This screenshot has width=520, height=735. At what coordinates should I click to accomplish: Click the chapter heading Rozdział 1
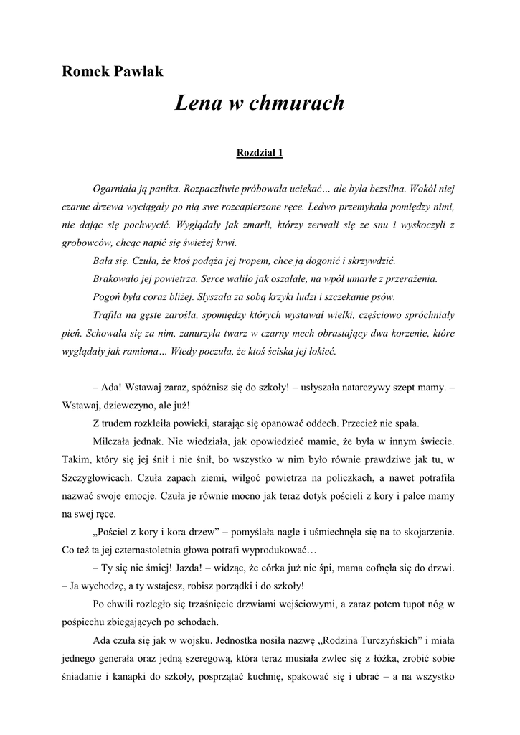(x=260, y=152)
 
